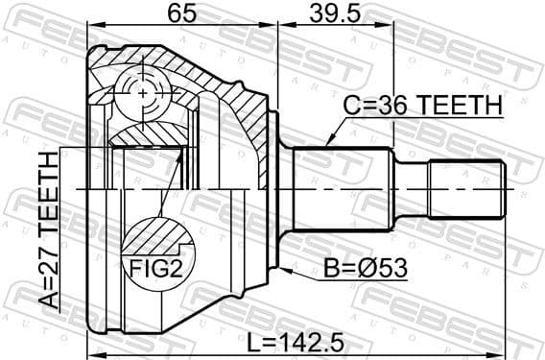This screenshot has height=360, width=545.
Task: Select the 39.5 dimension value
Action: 335,13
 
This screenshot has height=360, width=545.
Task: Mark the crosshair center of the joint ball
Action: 143,93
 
